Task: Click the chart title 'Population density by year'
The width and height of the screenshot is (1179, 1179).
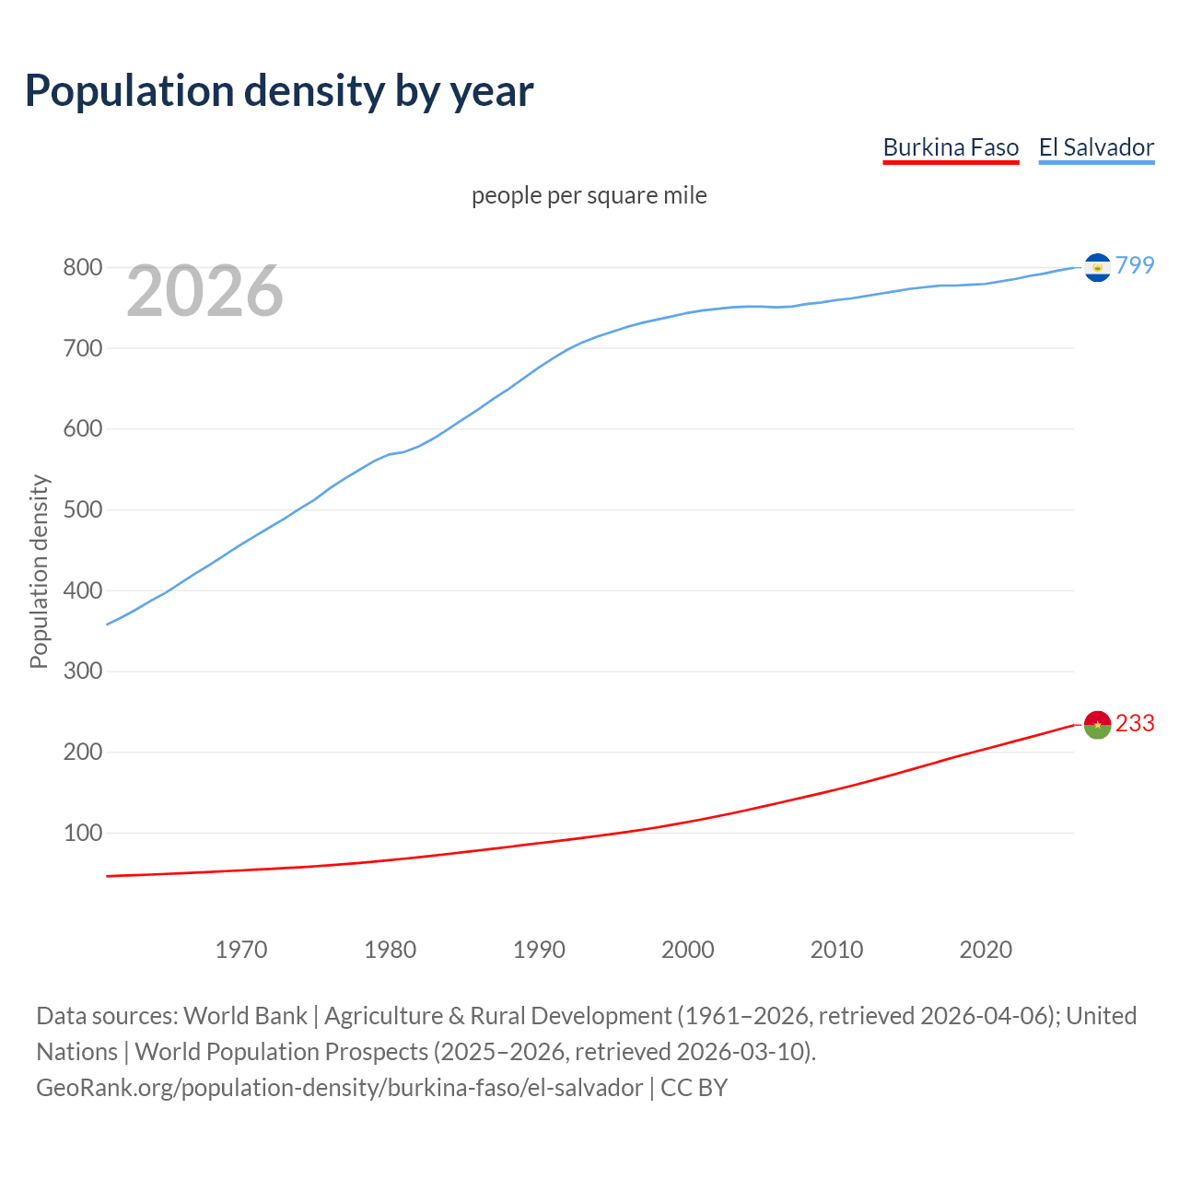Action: click(279, 90)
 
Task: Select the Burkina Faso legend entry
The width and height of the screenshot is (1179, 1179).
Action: click(951, 147)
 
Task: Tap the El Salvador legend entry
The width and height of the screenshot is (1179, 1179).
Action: click(1096, 147)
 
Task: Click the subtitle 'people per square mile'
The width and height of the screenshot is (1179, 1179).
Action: click(589, 195)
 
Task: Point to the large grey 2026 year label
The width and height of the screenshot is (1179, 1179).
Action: click(204, 291)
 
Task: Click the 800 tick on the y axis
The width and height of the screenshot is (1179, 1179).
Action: click(82, 268)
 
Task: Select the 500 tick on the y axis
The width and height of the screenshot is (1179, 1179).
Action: click(82, 510)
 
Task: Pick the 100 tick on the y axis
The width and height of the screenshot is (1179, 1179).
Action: click(82, 834)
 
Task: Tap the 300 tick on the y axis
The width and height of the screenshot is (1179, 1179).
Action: click(82, 671)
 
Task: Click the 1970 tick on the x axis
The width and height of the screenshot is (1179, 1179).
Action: click(241, 950)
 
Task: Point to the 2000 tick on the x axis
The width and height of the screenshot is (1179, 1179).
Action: click(688, 950)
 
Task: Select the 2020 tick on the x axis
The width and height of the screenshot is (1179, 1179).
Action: click(986, 950)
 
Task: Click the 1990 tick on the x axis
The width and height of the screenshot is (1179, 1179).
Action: click(539, 950)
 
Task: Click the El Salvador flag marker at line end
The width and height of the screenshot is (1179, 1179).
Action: click(1097, 267)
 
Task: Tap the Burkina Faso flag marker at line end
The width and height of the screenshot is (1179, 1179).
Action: click(1097, 725)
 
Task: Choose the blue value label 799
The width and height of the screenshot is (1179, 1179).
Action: click(1135, 265)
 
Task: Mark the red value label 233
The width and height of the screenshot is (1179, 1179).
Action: click(1135, 724)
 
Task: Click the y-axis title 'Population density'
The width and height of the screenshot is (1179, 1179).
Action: click(39, 571)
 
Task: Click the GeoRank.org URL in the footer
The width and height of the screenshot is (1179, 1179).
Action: click(339, 1088)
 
